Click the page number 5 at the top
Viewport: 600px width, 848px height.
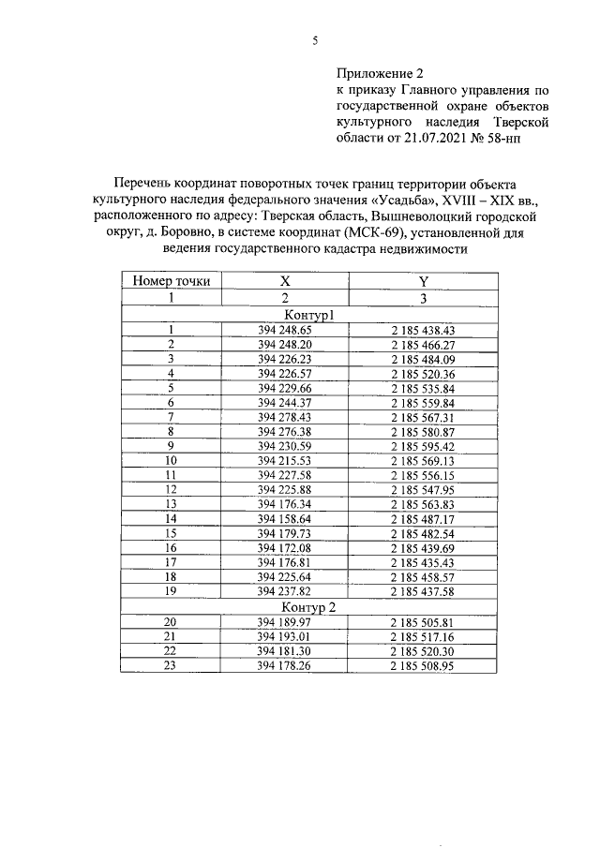point(315,40)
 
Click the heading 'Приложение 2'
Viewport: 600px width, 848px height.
point(381,72)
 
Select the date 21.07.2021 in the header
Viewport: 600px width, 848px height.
point(441,137)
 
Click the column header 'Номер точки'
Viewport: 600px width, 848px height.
point(171,280)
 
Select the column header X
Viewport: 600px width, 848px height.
point(285,280)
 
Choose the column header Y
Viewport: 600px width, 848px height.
point(423,280)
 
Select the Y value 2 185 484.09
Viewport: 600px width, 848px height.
point(423,359)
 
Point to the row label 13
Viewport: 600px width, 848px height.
point(171,503)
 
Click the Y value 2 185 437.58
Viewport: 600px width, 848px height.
point(423,590)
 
